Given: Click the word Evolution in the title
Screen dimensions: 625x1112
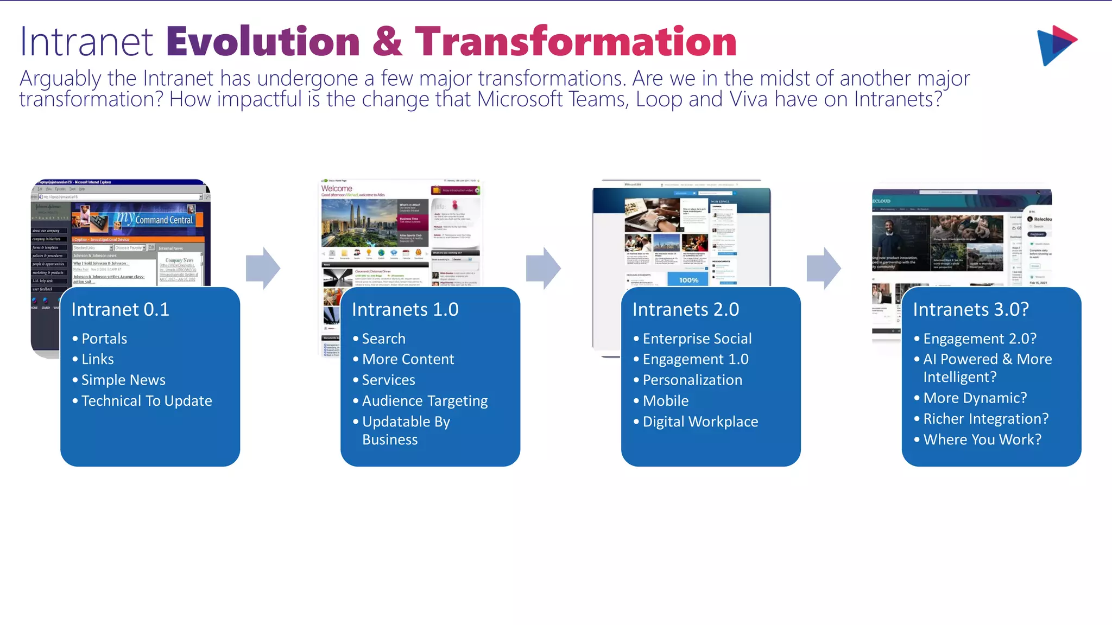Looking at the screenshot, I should pyautogui.click(x=263, y=42).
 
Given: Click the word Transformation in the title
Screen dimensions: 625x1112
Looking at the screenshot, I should pyautogui.click(x=576, y=42).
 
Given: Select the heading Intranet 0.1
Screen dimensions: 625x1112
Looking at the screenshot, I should pyautogui.click(x=120, y=309).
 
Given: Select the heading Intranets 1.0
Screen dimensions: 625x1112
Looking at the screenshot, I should pyautogui.click(x=405, y=309).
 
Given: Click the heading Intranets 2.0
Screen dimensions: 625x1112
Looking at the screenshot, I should pyautogui.click(x=685, y=309).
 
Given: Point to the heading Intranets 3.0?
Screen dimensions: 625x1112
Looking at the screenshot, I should pyautogui.click(x=970, y=309).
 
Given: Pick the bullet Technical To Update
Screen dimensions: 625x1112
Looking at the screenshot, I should pyautogui.click(x=147, y=401).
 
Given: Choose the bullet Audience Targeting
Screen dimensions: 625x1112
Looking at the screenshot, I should pyautogui.click(x=425, y=401).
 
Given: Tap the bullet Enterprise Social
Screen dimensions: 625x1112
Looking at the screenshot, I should pyautogui.click(x=697, y=339).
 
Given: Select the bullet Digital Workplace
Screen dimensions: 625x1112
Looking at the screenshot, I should pyautogui.click(x=700, y=422).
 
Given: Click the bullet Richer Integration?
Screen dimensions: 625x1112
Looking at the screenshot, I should pyautogui.click(x=985, y=419).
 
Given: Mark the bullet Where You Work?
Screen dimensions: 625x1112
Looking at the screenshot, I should pyautogui.click(x=982, y=439).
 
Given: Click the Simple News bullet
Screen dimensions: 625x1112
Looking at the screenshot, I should pyautogui.click(x=123, y=380).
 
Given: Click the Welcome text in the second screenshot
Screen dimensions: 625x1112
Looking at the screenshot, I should pyautogui.click(x=337, y=188).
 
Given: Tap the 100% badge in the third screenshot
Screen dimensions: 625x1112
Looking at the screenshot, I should pyautogui.click(x=688, y=280).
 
